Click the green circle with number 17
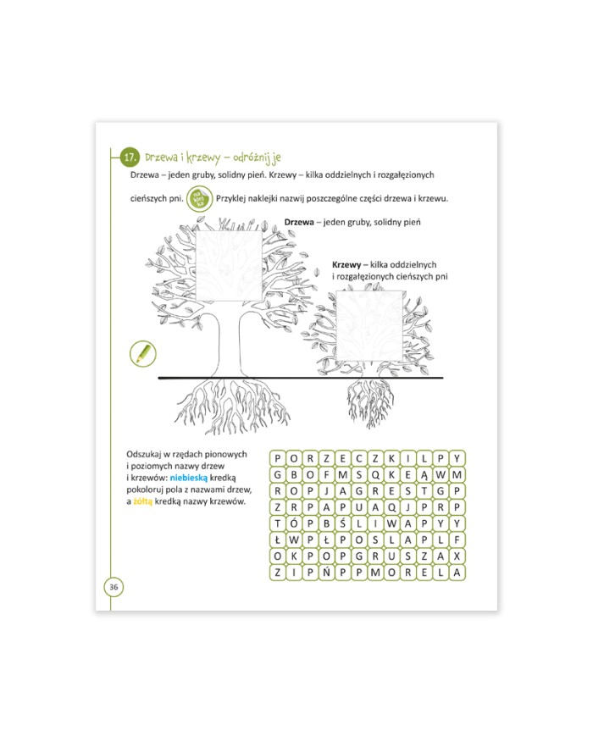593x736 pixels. [130, 158]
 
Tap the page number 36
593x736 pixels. [114, 587]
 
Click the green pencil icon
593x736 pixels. [142, 353]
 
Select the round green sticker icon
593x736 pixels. [200, 198]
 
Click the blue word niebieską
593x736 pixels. [188, 478]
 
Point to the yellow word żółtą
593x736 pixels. [142, 501]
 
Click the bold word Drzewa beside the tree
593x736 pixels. [298, 222]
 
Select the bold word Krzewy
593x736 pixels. [346, 265]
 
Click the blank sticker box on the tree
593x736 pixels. [228, 266]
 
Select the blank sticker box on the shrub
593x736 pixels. [370, 326]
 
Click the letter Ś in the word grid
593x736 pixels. [343, 523]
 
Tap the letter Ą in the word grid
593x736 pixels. [424, 474]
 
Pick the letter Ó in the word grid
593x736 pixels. [294, 523]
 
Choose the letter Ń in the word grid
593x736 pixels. [327, 573]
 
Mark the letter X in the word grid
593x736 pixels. [457, 556]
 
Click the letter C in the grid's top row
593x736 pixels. [359, 458]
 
